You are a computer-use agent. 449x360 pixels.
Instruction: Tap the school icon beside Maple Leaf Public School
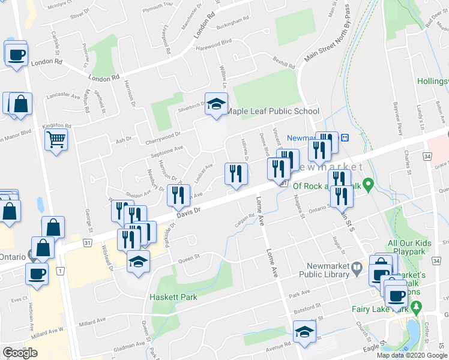[x=216, y=104]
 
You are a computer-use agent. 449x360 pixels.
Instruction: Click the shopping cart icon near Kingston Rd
[x=56, y=140]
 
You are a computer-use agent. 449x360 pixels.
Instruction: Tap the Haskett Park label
[x=173, y=297]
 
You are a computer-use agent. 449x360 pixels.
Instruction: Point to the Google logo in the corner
[x=20, y=353]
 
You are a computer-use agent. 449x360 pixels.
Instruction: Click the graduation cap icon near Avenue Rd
[x=304, y=332]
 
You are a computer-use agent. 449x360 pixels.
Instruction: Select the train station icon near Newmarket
[x=345, y=137]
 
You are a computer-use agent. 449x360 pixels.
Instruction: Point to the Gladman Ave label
[x=127, y=346]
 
